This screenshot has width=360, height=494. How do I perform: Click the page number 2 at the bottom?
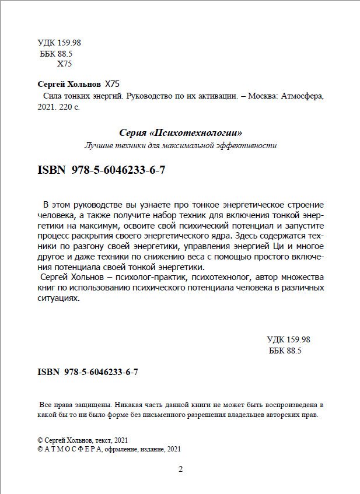[180, 469]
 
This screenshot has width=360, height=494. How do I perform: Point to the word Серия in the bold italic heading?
[132, 133]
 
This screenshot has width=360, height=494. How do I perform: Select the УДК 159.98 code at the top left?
[58, 43]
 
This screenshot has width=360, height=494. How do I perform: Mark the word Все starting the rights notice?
[46, 404]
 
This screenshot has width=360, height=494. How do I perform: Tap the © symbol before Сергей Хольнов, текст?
[40, 440]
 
